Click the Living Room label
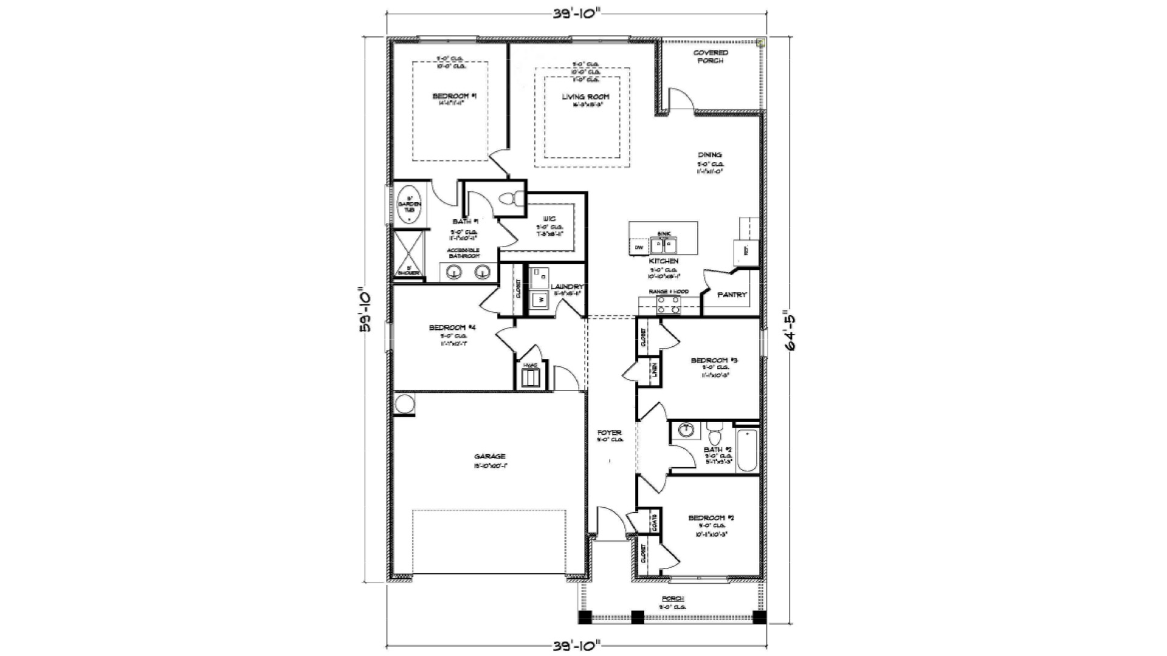585,97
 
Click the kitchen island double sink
664,245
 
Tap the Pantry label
732,295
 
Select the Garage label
490,457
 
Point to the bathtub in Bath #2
747,451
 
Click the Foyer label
609,433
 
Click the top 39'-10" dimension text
577,14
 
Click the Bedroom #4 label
452,328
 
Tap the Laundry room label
567,287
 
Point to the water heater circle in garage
404,403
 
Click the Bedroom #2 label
712,518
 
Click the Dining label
709,155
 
